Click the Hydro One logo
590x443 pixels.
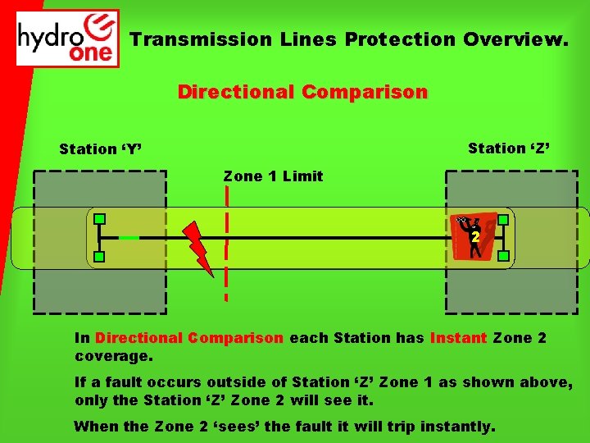pos(68,38)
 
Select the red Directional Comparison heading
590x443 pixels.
pos(302,92)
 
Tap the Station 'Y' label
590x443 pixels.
pos(101,149)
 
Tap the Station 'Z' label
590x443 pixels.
pos(509,148)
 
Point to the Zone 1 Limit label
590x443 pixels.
pos(273,176)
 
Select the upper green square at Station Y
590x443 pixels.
pos(99,219)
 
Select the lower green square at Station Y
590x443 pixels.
pos(99,258)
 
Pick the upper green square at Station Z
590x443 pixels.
pos(503,220)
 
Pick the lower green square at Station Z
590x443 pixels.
pos(503,256)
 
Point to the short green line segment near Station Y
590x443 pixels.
pos(129,238)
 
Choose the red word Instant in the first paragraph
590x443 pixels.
pos(459,338)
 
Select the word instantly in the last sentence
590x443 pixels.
pos(456,427)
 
